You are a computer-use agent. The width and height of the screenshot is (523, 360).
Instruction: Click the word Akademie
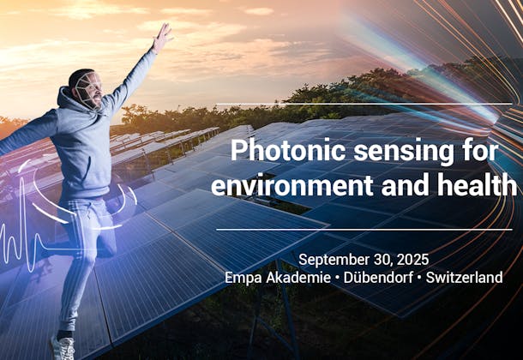tap(297, 278)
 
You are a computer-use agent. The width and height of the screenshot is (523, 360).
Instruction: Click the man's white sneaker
tap(63, 346)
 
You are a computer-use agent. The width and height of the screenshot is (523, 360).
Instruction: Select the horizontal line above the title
tap(364, 105)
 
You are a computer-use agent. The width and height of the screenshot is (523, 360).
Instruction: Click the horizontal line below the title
tap(364, 230)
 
